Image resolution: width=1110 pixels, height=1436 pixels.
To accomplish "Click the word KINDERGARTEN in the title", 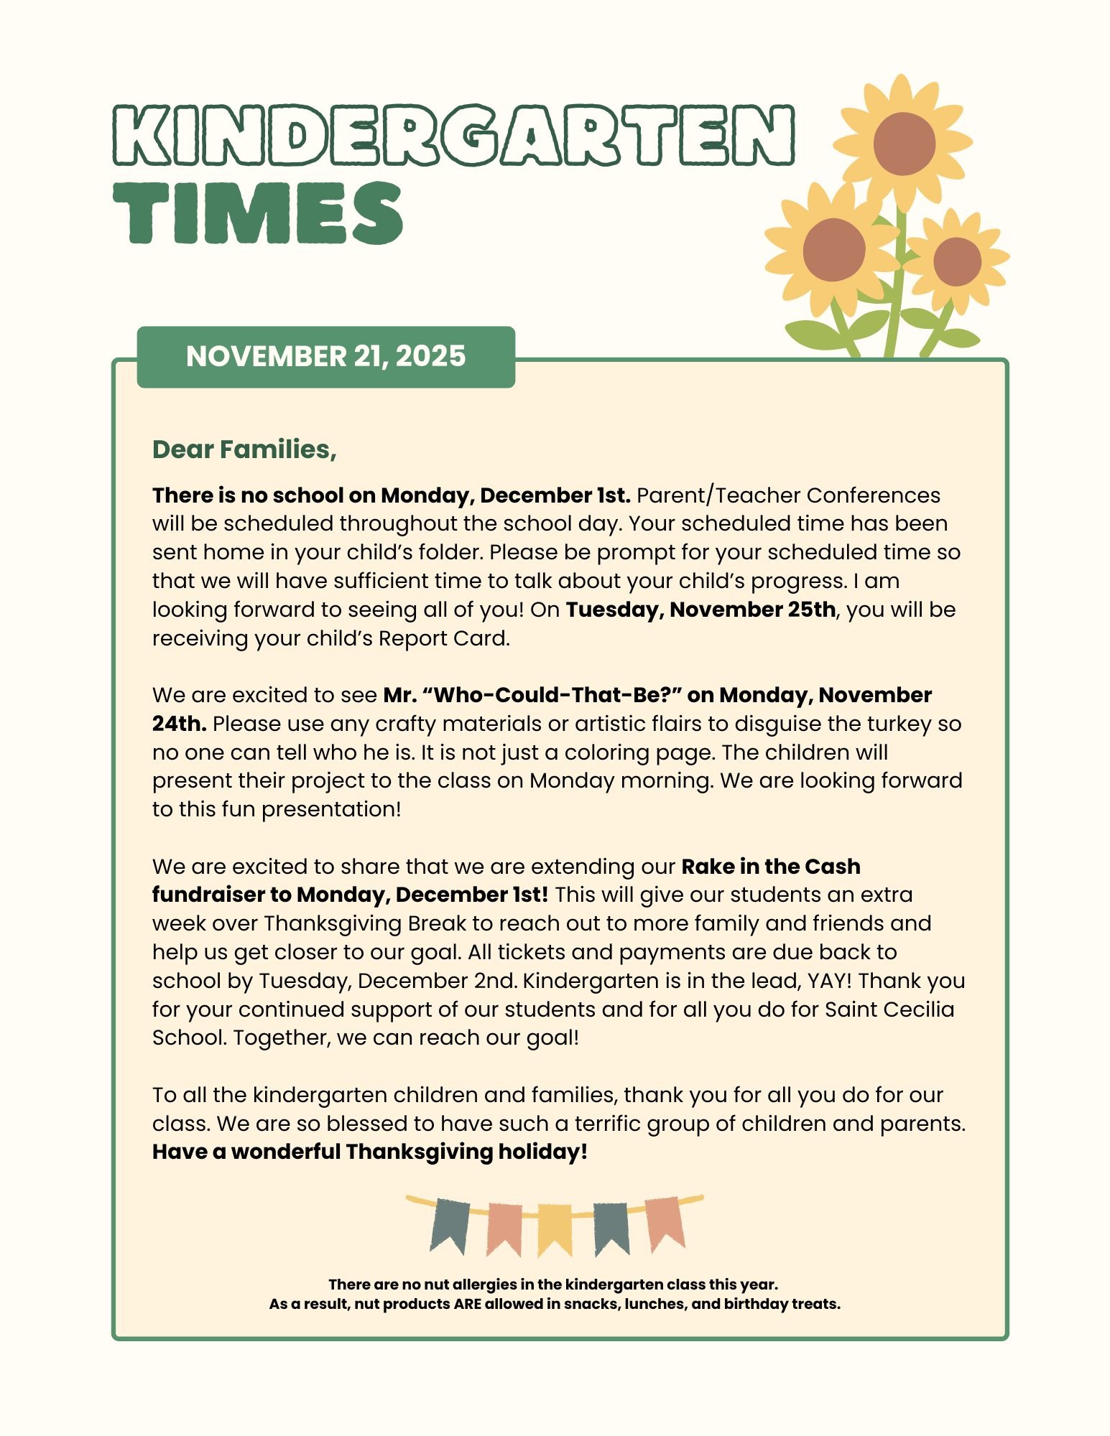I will click(x=453, y=135).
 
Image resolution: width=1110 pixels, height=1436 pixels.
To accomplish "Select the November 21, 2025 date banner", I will click(x=325, y=356).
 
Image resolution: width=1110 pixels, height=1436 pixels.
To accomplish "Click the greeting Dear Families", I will click(x=244, y=449).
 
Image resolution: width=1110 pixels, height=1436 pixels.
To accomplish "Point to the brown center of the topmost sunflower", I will click(x=904, y=144).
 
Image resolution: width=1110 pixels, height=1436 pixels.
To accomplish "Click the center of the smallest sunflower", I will click(x=957, y=262).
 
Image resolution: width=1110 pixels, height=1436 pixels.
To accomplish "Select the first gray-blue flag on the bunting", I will click(x=450, y=1226).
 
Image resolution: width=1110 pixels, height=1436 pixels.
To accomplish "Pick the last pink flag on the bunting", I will click(x=665, y=1223).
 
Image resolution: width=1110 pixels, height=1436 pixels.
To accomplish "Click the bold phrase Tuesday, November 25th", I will click(x=700, y=610).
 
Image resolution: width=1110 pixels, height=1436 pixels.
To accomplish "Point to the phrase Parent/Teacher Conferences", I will click(x=788, y=495).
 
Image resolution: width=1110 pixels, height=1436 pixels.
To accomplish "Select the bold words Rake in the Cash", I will click(x=770, y=867).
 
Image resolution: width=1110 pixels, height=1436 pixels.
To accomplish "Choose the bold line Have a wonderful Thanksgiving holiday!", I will click(x=370, y=1152).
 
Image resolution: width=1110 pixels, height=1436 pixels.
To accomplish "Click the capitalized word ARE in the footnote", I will click(x=467, y=1304).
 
